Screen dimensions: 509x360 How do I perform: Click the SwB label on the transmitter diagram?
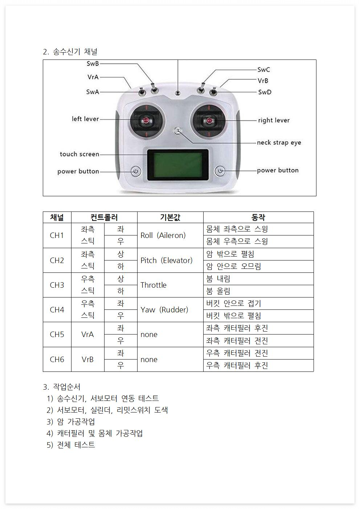93,64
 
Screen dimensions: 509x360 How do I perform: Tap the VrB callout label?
263,81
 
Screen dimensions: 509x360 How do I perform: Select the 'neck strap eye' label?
279,143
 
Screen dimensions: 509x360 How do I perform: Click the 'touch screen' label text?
79,154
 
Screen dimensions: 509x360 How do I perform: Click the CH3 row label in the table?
57,285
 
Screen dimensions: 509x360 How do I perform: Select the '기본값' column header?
170,217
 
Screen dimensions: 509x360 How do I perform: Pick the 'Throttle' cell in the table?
154,285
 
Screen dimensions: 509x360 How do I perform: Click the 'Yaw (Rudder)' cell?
164,310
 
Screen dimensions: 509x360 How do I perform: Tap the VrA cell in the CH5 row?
87,334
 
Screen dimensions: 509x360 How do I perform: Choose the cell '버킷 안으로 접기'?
234,304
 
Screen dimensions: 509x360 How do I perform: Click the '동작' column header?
258,217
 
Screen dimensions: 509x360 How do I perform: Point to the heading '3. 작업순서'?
62,387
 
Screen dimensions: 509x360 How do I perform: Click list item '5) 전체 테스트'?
71,445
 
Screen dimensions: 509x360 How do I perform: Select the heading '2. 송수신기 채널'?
70,52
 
